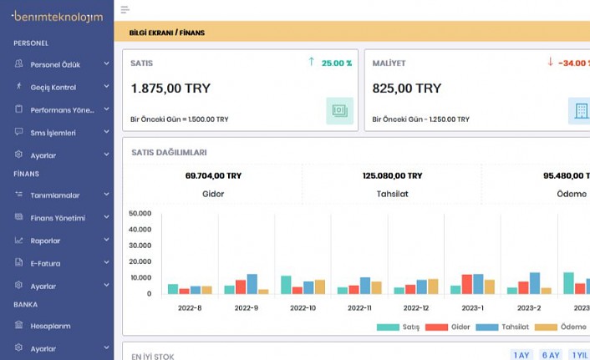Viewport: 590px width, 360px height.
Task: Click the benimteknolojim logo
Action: pyautogui.click(x=57, y=16)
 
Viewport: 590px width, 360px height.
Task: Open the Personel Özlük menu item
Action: pyautogui.click(x=54, y=64)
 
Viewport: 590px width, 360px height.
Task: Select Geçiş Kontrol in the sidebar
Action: pyautogui.click(x=53, y=87)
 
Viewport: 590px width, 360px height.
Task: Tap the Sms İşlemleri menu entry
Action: pyautogui.click(x=53, y=132)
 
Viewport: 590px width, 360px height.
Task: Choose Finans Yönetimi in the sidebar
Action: pyautogui.click(x=57, y=218)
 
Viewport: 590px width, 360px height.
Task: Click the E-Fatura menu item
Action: pyautogui.click(x=45, y=263)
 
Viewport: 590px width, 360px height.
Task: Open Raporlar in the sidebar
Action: pyautogui.click(x=45, y=241)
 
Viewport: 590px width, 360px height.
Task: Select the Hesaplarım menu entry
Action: pyautogui.click(x=50, y=326)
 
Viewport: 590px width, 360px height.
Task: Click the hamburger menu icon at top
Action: pyautogui.click(x=125, y=10)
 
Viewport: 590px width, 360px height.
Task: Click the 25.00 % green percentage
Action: pyautogui.click(x=337, y=63)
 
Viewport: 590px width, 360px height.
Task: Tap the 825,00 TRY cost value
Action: pyautogui.click(x=406, y=88)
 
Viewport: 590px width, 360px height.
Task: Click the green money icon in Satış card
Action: pyautogui.click(x=339, y=110)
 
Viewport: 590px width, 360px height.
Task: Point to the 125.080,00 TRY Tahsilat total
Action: pyautogui.click(x=393, y=175)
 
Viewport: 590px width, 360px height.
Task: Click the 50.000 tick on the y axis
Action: pyautogui.click(x=140, y=213)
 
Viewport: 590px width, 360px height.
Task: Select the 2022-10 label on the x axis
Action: pyautogui.click(x=303, y=308)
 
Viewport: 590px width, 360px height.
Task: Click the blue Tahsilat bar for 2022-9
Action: pyautogui.click(x=252, y=284)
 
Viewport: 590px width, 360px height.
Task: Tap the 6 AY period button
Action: pyautogui.click(x=550, y=355)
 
